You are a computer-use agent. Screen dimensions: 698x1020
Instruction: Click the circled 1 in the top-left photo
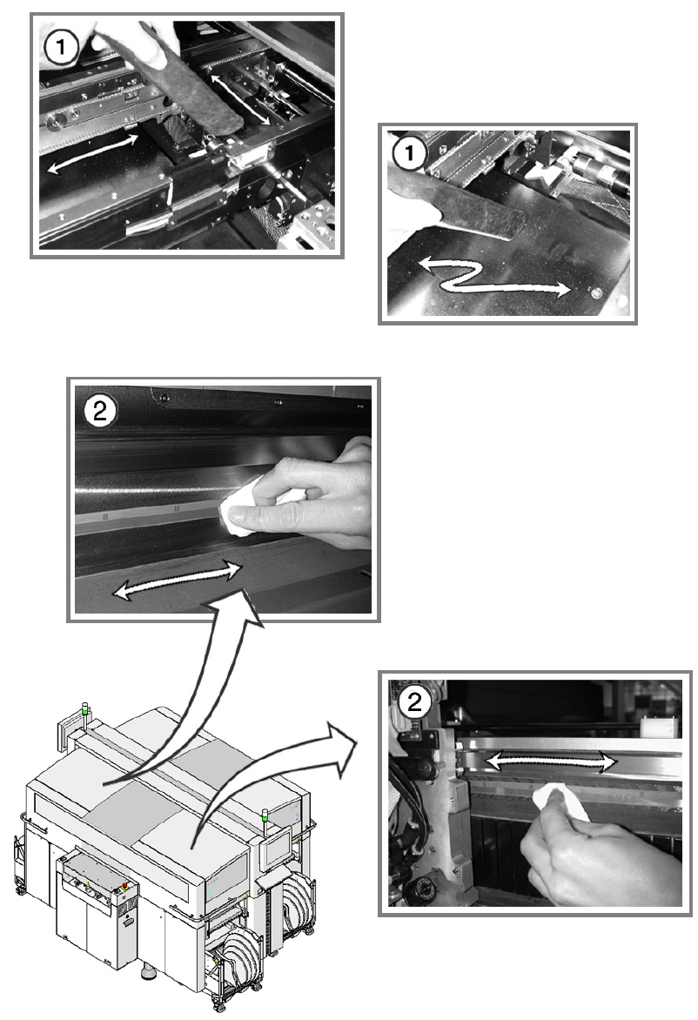pyautogui.click(x=61, y=47)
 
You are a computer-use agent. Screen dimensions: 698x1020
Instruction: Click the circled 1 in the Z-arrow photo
pyautogui.click(x=409, y=154)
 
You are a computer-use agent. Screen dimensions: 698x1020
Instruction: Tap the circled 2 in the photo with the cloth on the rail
pyautogui.click(x=99, y=411)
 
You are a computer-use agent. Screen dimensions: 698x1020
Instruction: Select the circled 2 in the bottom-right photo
pyautogui.click(x=414, y=701)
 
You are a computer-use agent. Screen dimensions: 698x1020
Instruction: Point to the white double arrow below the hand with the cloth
pyautogui.click(x=178, y=580)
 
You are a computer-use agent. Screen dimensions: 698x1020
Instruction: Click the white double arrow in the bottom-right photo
pyautogui.click(x=551, y=762)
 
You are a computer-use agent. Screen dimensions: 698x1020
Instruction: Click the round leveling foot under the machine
pyautogui.click(x=148, y=973)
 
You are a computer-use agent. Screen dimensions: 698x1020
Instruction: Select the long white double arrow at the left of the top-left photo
pyautogui.click(x=92, y=153)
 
